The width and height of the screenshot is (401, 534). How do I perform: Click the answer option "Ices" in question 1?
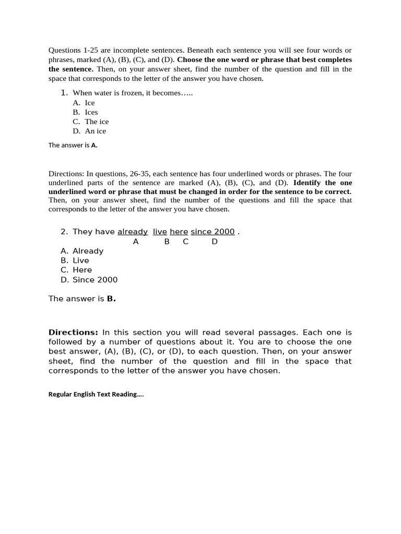pyautogui.click(x=91, y=112)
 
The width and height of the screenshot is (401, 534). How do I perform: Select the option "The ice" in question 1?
pyautogui.click(x=97, y=122)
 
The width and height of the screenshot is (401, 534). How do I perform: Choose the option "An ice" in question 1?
pyautogui.click(x=95, y=131)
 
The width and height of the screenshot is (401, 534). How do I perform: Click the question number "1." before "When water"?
pyautogui.click(x=64, y=92)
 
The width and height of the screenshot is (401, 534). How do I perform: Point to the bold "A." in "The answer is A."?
pyautogui.click(x=94, y=145)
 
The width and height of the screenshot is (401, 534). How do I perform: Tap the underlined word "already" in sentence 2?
pyautogui.click(x=133, y=232)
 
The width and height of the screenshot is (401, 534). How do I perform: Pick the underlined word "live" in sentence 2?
pyautogui.click(x=160, y=232)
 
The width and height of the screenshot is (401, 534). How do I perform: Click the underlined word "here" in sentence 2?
pyautogui.click(x=179, y=232)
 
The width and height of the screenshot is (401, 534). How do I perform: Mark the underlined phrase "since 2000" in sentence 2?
pyautogui.click(x=213, y=232)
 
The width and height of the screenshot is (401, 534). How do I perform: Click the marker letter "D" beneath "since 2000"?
pyautogui.click(x=215, y=241)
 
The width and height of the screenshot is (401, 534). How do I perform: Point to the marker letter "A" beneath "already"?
pyautogui.click(x=136, y=241)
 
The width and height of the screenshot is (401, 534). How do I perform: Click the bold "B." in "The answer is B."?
pyautogui.click(x=111, y=299)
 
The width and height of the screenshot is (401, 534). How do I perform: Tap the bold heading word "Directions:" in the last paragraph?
pyautogui.click(x=73, y=332)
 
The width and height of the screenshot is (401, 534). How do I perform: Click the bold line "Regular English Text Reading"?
pyautogui.click(x=96, y=394)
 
